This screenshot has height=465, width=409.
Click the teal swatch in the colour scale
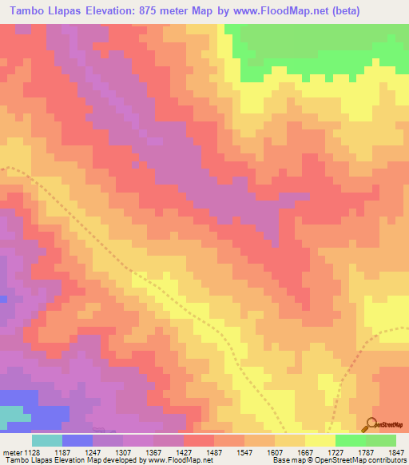click(x=47, y=440)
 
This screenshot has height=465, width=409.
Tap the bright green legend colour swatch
click(x=350, y=440)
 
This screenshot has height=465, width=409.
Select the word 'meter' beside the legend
click(x=11, y=452)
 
